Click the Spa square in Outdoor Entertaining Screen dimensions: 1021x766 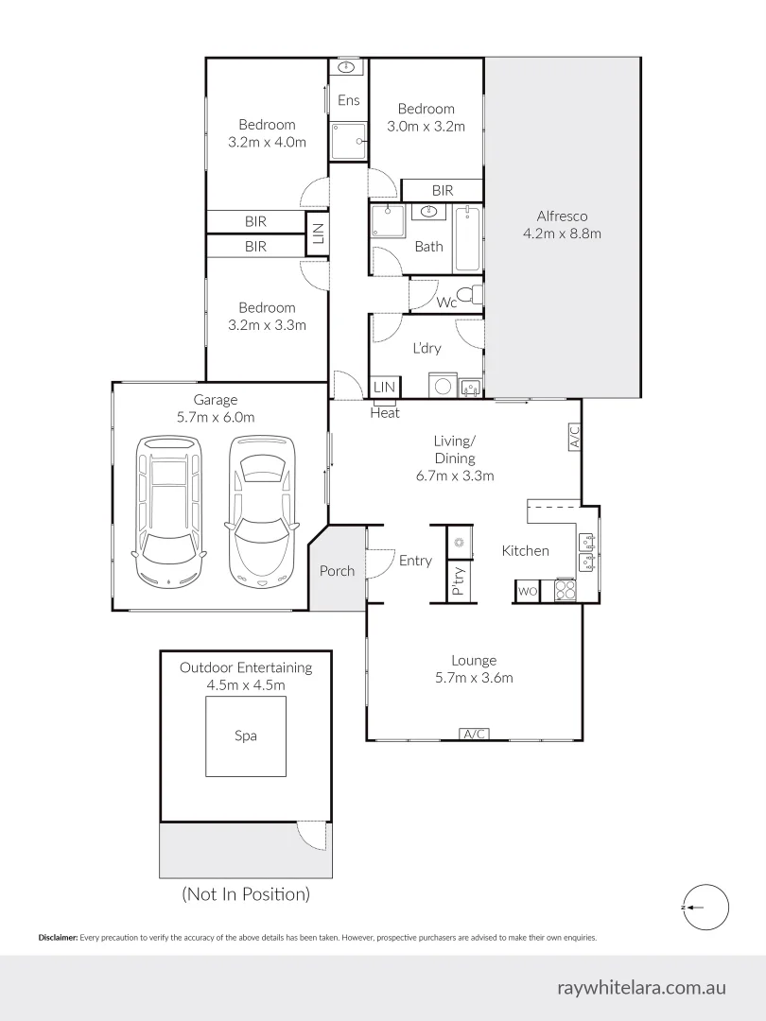pos(246,736)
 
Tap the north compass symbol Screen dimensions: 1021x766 pos(704,907)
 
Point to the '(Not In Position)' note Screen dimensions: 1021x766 pos(245,893)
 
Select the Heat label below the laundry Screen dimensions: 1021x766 pos(385,413)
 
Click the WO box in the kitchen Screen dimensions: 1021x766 pos(528,592)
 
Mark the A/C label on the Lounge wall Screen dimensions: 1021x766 pos(473,735)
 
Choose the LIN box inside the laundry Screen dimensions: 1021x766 pos(384,388)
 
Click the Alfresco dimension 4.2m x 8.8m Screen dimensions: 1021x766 pos(563,233)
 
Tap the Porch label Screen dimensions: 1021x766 pos(337,570)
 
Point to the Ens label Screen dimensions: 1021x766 pos(349,100)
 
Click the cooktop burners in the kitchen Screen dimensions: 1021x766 pos(566,590)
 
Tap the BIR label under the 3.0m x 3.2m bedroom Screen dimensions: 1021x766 pos(443,191)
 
